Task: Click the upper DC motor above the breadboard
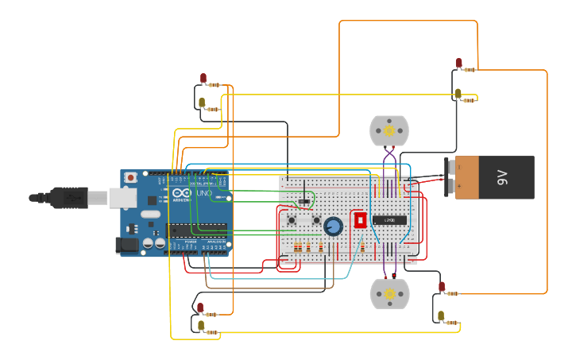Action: coord(389,130)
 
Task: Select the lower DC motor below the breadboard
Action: coord(389,294)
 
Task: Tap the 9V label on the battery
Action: coord(502,177)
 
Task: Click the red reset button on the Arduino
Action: coord(130,177)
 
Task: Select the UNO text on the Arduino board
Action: coord(203,194)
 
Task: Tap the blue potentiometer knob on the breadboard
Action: coord(334,226)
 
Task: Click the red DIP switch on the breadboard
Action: coord(360,219)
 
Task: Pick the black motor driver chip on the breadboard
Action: coord(389,220)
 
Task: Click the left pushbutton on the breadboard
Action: coord(292,220)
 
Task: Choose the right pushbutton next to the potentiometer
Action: coord(316,220)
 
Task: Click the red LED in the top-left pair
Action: coord(203,78)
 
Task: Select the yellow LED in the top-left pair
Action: coord(202,102)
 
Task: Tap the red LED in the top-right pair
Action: coord(458,63)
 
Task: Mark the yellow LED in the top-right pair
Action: coord(458,93)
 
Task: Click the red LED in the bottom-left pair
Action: coord(200,307)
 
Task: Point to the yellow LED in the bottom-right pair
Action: coord(441,315)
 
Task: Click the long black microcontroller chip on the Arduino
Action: coord(197,230)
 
